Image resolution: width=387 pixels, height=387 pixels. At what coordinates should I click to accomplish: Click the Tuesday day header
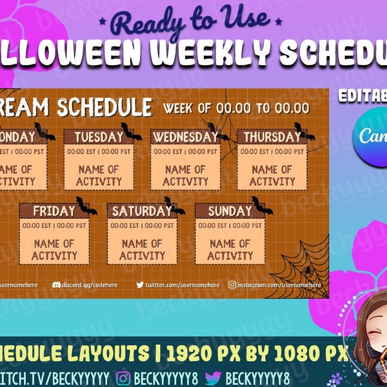coord(98,137)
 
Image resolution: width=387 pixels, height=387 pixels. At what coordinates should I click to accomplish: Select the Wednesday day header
coord(185,137)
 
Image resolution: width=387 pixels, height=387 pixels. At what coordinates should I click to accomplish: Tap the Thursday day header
coord(271,137)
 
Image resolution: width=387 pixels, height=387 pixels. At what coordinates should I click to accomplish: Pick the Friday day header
coord(54,211)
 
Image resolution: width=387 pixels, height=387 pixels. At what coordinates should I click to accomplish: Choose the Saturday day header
coord(141,211)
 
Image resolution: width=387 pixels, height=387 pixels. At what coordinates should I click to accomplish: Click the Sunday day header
coord(230,211)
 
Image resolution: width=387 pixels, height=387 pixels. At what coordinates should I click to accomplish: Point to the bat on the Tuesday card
coord(131,133)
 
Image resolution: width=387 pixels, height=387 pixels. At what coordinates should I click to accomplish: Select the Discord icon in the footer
coord(55,284)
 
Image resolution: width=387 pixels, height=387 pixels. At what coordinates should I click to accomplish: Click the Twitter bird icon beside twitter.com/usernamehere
coord(140,284)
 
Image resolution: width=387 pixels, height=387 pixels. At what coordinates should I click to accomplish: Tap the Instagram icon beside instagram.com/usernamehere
coord(232,284)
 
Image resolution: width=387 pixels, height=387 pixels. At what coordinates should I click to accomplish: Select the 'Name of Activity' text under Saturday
coord(142,250)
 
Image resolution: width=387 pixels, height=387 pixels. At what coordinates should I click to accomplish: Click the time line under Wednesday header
coord(185,152)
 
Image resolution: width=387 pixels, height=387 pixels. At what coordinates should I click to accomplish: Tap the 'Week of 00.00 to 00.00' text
coord(236,108)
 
